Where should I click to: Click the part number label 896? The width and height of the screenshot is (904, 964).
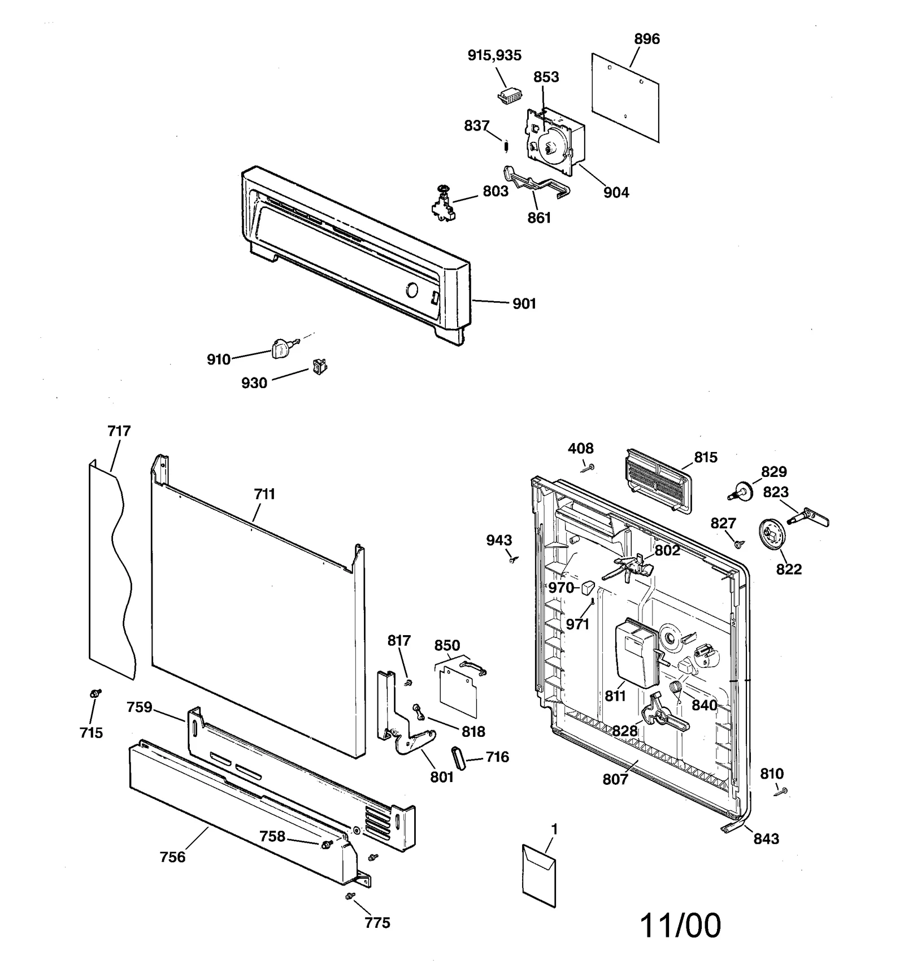646,39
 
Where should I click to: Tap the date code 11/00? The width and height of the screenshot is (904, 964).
680,926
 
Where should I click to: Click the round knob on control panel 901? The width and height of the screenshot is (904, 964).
412,291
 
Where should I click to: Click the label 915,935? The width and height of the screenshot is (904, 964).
494,55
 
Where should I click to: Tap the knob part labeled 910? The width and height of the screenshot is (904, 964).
280,349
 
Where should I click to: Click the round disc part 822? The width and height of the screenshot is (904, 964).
771,533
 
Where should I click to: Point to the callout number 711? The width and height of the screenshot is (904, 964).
264,494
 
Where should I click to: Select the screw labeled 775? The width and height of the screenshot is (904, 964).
350,896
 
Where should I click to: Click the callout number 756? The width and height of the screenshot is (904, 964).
172,857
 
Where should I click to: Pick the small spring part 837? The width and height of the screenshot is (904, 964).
506,145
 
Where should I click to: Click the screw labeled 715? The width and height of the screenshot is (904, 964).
95,693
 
